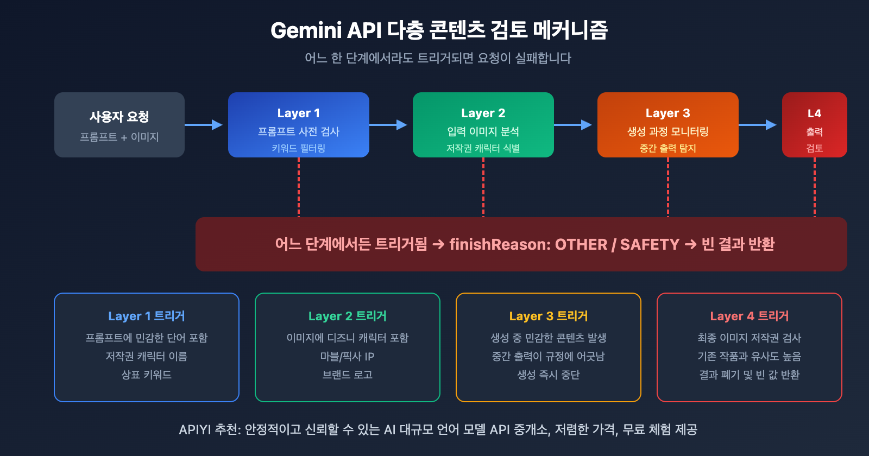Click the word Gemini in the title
306,30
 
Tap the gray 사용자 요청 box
119,125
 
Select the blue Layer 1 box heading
298,113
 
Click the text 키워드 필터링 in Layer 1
298,148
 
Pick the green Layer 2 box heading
483,113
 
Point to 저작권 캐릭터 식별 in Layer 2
483,148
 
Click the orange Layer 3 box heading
668,113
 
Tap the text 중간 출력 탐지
668,148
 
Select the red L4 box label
814,113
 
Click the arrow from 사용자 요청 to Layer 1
204,125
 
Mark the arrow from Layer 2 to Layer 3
573,125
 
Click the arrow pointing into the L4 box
758,125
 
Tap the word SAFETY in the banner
650,244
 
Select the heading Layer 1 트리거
147,316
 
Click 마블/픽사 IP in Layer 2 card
347,356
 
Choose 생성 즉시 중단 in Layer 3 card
548,375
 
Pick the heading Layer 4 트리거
749,316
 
